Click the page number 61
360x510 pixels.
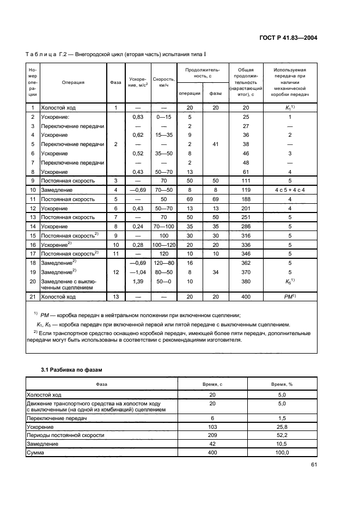click(314, 465)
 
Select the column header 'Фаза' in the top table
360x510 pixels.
click(115, 83)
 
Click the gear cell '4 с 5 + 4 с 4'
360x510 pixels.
click(290, 189)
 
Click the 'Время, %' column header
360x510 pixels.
click(282, 384)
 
